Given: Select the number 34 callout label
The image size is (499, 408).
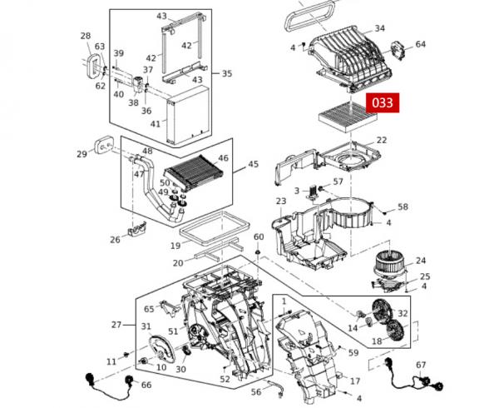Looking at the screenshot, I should (379, 29).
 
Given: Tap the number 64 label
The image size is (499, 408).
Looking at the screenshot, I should (420, 44).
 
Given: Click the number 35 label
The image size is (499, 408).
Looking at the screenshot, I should (226, 73).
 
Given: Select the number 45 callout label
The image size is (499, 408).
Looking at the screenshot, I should (253, 165).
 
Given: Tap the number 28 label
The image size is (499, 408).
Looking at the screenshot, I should (86, 36).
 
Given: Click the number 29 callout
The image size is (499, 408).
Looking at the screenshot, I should (82, 154).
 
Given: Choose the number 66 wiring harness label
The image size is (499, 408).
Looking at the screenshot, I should (146, 385).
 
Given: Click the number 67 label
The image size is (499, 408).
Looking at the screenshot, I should (421, 365).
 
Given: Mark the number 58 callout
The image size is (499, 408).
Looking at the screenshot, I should (403, 206).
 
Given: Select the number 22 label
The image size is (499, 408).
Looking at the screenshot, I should (382, 140).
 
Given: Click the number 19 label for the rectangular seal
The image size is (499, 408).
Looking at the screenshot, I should (175, 246).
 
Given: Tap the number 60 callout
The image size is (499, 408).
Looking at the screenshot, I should (259, 237).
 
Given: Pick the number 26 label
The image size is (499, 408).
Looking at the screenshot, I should (115, 240).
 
